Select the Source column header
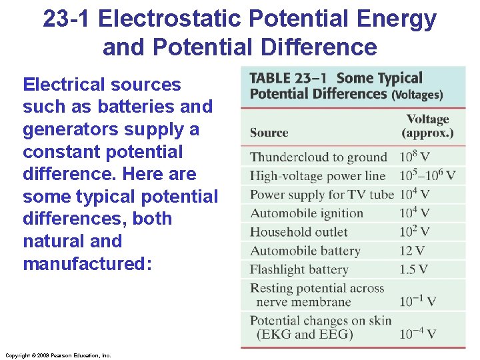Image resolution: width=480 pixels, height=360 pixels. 269,132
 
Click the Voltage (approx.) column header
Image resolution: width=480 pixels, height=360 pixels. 427,126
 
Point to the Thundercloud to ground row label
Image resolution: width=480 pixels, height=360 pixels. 319,157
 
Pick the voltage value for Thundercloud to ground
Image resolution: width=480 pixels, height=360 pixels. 415,157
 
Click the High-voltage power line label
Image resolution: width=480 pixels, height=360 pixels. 318,176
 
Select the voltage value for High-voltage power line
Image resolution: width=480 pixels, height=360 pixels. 427,176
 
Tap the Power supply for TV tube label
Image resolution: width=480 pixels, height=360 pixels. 322,195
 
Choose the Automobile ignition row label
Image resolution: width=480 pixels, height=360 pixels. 307,213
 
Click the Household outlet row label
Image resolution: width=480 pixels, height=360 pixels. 299,232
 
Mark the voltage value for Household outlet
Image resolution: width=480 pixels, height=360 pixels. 415,232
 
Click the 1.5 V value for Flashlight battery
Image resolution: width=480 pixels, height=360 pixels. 413,270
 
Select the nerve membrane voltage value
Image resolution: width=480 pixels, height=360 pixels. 418,302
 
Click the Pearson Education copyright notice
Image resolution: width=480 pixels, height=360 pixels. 57,355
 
